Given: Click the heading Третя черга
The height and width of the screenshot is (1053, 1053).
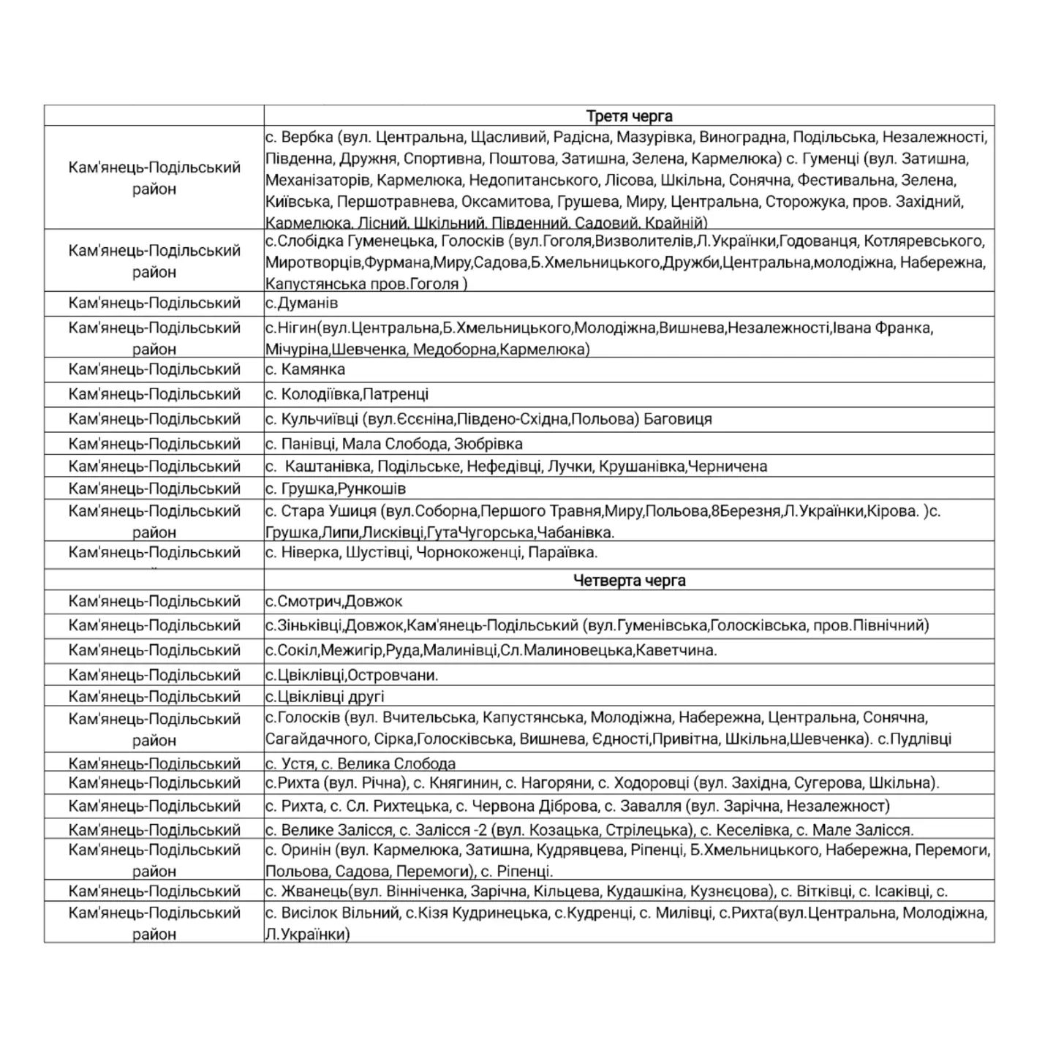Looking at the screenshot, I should [629, 116].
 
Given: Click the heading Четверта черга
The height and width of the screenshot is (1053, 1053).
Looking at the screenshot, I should [629, 581].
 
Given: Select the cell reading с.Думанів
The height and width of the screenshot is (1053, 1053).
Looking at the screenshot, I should [302, 303].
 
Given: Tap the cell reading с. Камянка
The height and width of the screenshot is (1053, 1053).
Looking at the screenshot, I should [306, 369].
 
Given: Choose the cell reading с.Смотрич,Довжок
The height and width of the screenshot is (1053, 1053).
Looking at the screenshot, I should [334, 602].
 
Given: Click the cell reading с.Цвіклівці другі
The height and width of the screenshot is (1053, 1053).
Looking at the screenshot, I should [325, 696].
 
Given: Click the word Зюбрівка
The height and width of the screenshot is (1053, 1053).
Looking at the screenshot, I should [488, 444].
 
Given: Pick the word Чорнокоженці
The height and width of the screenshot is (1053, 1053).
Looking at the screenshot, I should [468, 553].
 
